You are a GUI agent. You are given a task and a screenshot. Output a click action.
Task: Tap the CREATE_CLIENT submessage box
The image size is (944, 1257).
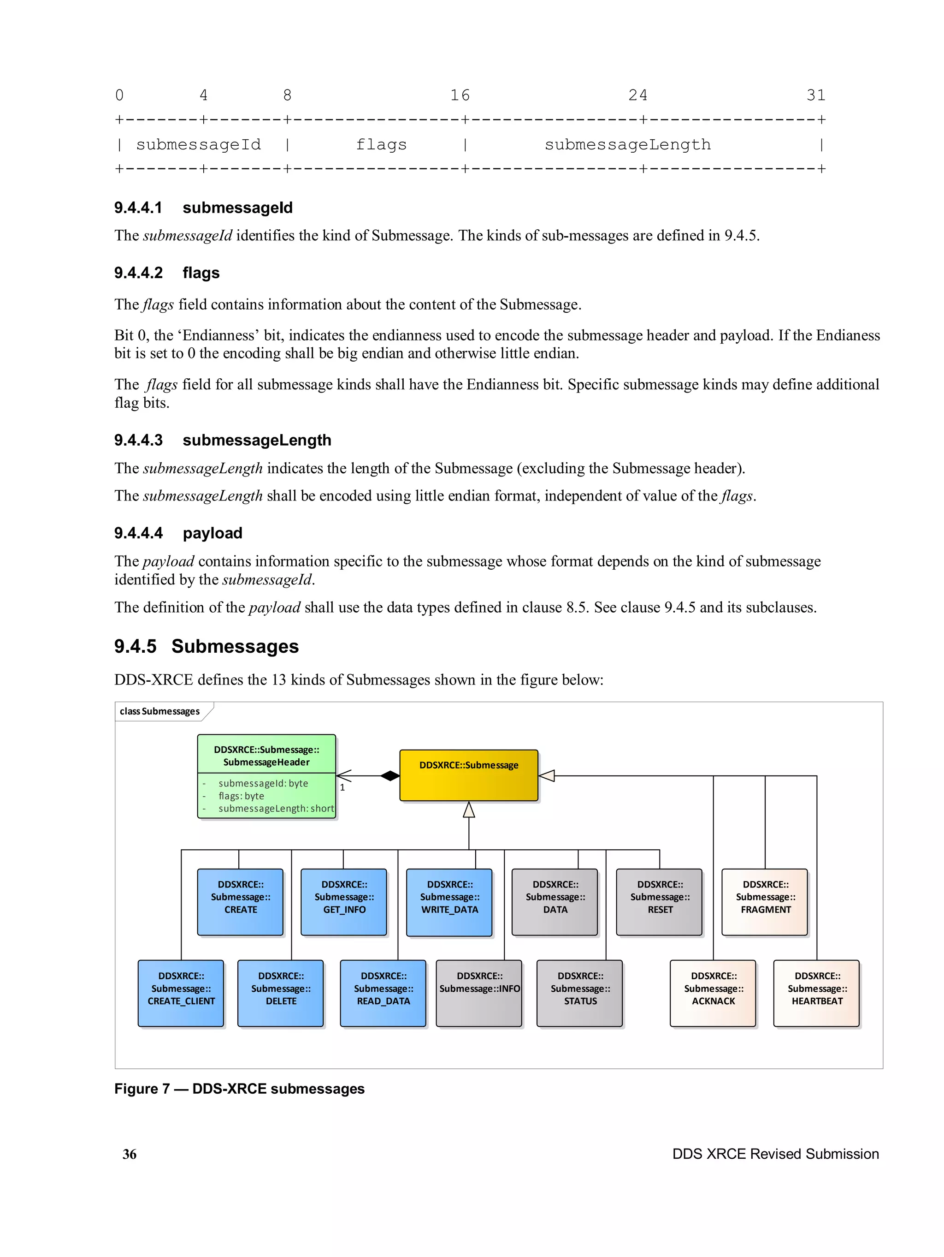[181, 992]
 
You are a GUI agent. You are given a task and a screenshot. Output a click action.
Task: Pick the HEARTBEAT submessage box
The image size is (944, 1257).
[816, 992]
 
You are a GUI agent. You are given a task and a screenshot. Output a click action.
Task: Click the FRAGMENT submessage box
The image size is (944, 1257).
[765, 901]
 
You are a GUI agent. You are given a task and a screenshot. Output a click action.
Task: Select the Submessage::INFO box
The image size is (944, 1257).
[479, 992]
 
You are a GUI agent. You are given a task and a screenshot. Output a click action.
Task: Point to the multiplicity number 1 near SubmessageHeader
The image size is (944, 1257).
[342, 787]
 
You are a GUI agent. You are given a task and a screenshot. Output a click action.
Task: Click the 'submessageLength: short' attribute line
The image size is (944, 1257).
[276, 808]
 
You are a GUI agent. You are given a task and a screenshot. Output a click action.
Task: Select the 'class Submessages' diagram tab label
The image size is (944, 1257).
[159, 711]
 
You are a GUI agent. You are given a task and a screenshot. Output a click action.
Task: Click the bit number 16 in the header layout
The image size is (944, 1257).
[460, 95]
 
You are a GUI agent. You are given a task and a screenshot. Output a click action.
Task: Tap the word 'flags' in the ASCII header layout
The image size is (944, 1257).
[381, 144]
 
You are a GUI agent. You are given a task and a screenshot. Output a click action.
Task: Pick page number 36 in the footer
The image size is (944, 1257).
[130, 1154]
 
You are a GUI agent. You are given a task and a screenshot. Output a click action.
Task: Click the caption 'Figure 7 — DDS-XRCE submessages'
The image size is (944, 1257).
[239, 1088]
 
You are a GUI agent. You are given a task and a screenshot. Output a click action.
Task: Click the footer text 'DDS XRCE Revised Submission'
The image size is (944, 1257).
[775, 1154]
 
